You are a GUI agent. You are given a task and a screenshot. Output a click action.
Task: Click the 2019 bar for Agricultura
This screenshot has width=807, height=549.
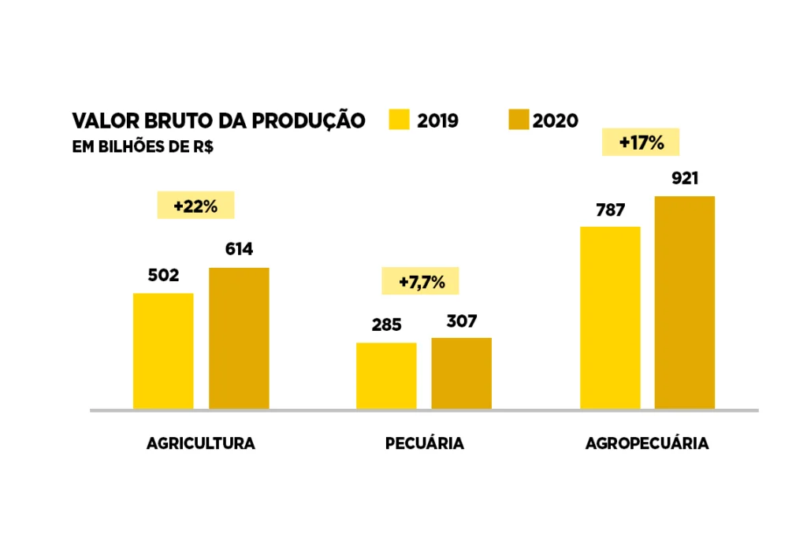(163, 351)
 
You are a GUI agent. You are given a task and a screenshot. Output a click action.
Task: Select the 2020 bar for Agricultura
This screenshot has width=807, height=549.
(239, 339)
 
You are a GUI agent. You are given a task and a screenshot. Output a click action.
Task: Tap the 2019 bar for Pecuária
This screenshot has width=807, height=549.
(386, 376)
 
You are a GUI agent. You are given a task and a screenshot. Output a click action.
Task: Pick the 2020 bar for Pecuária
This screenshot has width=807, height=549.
(461, 373)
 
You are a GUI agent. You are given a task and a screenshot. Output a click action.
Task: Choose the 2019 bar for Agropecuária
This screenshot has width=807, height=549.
(610, 318)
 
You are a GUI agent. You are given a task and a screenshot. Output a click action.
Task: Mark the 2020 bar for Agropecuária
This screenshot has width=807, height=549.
(685, 302)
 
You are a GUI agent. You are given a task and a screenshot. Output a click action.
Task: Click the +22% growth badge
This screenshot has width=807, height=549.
(196, 206)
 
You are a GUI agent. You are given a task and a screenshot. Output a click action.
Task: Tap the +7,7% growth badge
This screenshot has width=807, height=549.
(420, 281)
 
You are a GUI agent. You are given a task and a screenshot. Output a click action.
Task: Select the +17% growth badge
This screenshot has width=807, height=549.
(641, 143)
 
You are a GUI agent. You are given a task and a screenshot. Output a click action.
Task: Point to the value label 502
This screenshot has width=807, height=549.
(163, 276)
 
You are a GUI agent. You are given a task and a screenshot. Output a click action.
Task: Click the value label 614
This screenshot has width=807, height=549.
(239, 250)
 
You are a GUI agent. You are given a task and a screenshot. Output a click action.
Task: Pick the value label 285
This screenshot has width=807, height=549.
(386, 325)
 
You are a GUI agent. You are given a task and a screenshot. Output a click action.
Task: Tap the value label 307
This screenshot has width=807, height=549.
(462, 321)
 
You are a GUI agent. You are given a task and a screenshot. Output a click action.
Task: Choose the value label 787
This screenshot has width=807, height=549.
(610, 210)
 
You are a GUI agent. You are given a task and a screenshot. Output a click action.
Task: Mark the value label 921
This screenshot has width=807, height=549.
(685, 178)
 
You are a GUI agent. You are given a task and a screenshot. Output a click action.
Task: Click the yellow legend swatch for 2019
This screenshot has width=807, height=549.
(400, 120)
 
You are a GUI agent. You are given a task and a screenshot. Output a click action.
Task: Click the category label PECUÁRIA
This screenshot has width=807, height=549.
(424, 443)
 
